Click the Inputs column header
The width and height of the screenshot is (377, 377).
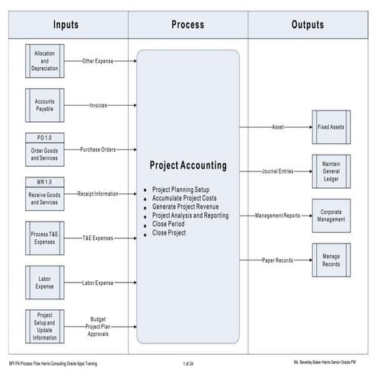tap(67, 24)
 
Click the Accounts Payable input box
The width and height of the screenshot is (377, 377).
tap(45, 104)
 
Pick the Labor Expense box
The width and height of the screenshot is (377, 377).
tap(45, 282)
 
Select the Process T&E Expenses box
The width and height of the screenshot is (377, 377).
tap(45, 238)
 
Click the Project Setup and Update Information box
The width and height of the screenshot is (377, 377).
tap(45, 326)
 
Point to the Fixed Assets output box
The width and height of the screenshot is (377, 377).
tap(330, 126)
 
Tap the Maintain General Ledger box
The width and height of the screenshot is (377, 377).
tap(330, 171)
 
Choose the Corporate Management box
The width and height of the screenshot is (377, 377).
tap(330, 216)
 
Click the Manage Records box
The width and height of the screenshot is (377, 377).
tap(330, 260)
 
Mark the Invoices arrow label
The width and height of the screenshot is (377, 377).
tap(98, 104)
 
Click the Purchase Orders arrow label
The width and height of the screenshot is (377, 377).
tap(98, 149)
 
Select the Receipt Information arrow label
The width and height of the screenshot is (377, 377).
tap(97, 193)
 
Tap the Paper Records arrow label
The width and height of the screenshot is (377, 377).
tap(276, 260)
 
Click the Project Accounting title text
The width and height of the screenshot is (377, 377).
tap(187, 165)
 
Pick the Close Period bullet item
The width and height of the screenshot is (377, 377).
tap(169, 224)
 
